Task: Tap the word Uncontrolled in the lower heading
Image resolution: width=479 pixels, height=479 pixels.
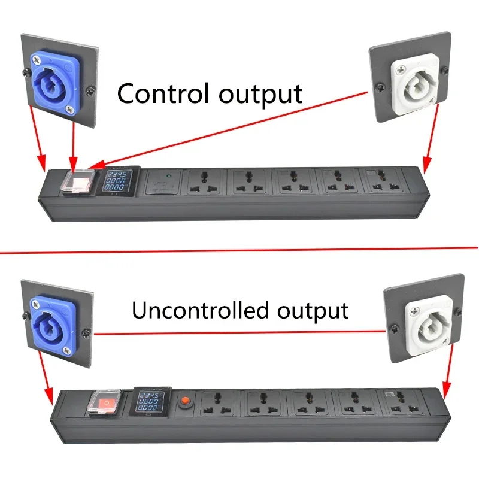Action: pos(201,311)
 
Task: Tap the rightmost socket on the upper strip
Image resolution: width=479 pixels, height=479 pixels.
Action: pos(383,180)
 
